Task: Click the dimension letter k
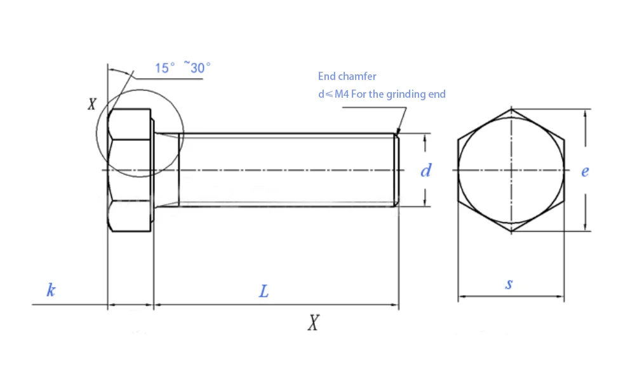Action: (51, 290)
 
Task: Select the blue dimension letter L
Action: (264, 291)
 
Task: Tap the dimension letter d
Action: (425, 170)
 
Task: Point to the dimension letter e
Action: (585, 171)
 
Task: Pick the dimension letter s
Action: (509, 283)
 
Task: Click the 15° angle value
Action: (165, 67)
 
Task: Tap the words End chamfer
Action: (347, 76)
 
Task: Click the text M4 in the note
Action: (342, 95)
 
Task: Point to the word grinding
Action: (406, 95)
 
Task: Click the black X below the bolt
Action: (313, 323)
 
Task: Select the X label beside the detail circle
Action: (92, 104)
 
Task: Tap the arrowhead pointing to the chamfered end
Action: (397, 130)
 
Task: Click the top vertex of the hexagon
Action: (511, 109)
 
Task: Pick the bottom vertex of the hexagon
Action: (511, 231)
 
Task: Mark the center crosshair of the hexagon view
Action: (511, 170)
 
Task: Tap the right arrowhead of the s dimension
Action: (561, 296)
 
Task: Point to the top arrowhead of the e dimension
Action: (585, 114)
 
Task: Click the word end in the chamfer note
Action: (437, 95)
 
